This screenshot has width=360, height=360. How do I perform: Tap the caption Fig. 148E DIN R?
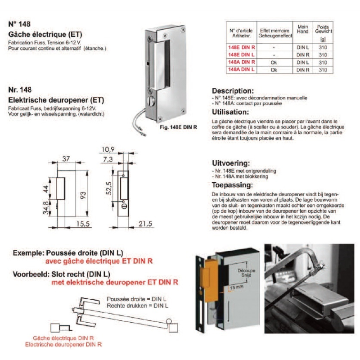point(178,128)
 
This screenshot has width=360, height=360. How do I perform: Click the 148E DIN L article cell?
point(241,54)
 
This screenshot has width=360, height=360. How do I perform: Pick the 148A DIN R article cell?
point(241,62)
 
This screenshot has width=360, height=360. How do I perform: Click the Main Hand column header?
point(301,30)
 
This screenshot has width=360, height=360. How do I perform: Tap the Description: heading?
point(233,90)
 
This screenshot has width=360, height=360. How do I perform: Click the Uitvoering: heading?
point(231,163)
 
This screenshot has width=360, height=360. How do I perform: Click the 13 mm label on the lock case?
point(238,287)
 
